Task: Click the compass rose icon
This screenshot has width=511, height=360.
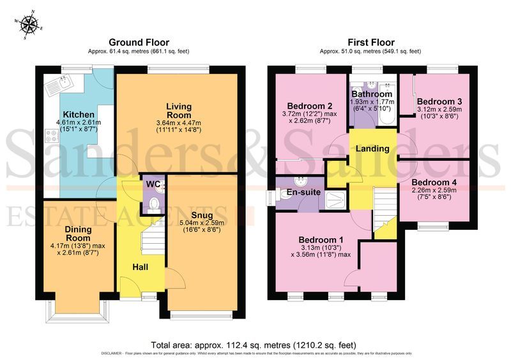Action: (x=29, y=24)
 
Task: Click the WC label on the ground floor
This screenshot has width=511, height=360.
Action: (x=151, y=184)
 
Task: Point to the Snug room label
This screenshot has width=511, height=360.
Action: (x=202, y=214)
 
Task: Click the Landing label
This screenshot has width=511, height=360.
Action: (x=372, y=149)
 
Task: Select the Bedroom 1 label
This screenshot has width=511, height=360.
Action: (x=321, y=240)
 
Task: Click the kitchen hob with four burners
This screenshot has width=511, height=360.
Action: (x=51, y=136)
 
